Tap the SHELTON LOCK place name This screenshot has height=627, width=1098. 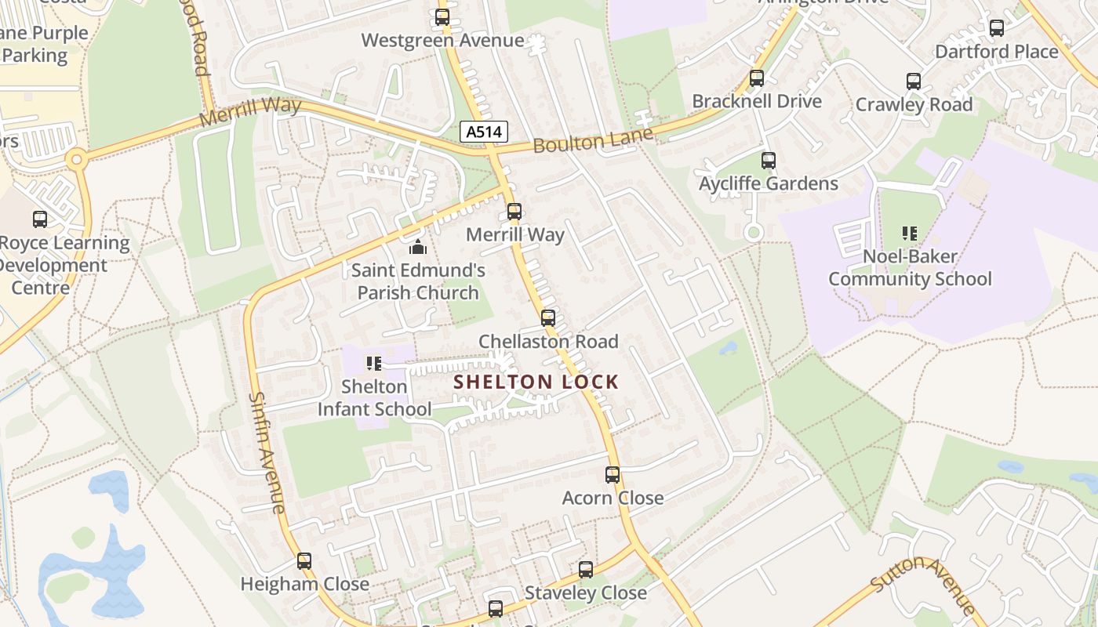coord(536,382)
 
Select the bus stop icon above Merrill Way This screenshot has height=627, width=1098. coord(514,212)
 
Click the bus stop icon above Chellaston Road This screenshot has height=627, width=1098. coord(548,318)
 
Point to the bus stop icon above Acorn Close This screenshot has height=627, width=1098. coord(613,475)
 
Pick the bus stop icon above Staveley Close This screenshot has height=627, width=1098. coord(586,570)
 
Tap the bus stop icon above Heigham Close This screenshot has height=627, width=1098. coord(304,561)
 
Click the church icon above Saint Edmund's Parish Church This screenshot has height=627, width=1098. coord(418,248)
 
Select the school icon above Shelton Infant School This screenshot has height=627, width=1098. coord(374,364)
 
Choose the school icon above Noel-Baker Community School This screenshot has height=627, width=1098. coord(910,234)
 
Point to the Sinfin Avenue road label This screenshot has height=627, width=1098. coord(265,452)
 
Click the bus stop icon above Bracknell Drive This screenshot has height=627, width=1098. coord(757,78)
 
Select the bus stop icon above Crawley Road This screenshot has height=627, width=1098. coord(914,82)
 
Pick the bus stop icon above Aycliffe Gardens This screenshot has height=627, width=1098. coord(769,161)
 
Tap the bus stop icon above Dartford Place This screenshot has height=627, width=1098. coord(997,29)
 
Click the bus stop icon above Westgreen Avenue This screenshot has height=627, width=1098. coord(442,17)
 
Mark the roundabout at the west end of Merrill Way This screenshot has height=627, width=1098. coord(76,160)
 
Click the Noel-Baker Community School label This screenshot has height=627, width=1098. coord(910,268)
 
